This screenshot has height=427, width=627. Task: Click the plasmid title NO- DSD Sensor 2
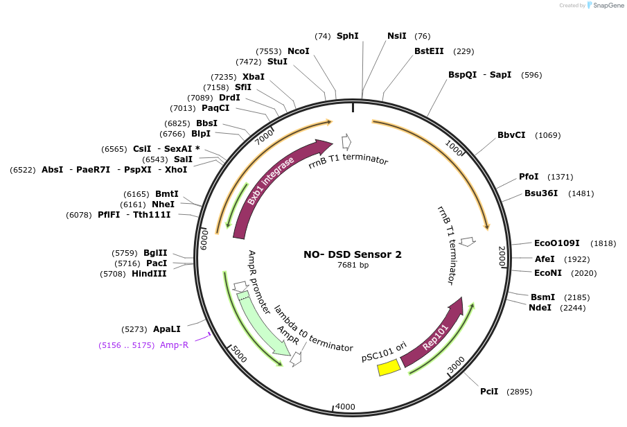point(352,254)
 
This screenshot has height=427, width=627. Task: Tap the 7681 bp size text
point(352,265)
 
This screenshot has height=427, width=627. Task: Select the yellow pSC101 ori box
point(388,367)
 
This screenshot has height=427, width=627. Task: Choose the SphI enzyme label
point(348,35)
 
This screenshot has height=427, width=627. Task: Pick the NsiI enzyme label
point(396,35)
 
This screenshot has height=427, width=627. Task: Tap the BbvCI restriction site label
point(511,135)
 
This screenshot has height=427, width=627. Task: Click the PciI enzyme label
point(489,392)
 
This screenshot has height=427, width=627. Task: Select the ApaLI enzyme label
point(166,329)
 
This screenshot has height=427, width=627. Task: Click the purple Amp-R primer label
point(174,345)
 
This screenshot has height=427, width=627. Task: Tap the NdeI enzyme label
point(540,308)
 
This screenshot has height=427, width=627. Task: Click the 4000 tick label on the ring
point(345,407)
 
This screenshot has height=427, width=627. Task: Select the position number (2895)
point(519,392)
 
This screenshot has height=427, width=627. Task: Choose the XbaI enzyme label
point(253,76)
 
